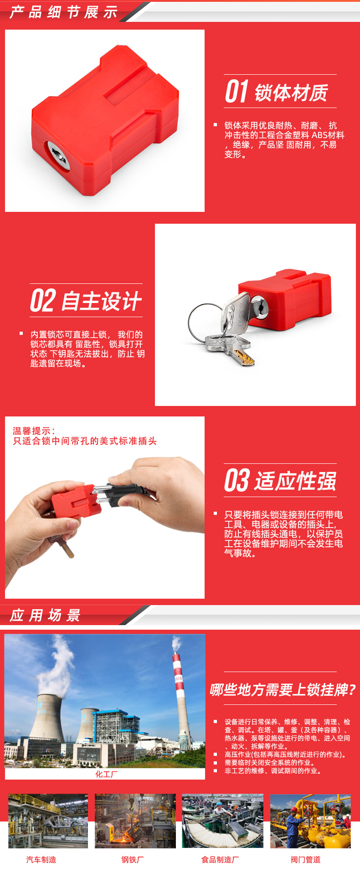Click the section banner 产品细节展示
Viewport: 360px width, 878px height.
(63, 12)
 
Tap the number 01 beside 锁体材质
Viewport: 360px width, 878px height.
(237, 92)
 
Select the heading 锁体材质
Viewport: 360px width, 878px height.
(291, 93)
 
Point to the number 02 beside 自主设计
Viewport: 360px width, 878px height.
(43, 301)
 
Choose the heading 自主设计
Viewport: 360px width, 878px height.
(101, 301)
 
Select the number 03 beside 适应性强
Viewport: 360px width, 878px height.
(237, 481)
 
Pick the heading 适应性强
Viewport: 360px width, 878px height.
(295, 482)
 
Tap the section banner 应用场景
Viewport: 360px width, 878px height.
(45, 615)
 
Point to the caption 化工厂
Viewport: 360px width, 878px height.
(106, 774)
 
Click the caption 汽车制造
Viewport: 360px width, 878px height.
(41, 859)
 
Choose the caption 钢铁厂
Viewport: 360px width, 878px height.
(133, 859)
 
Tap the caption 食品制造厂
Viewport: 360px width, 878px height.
(220, 859)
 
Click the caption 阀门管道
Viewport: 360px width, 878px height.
(306, 859)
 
